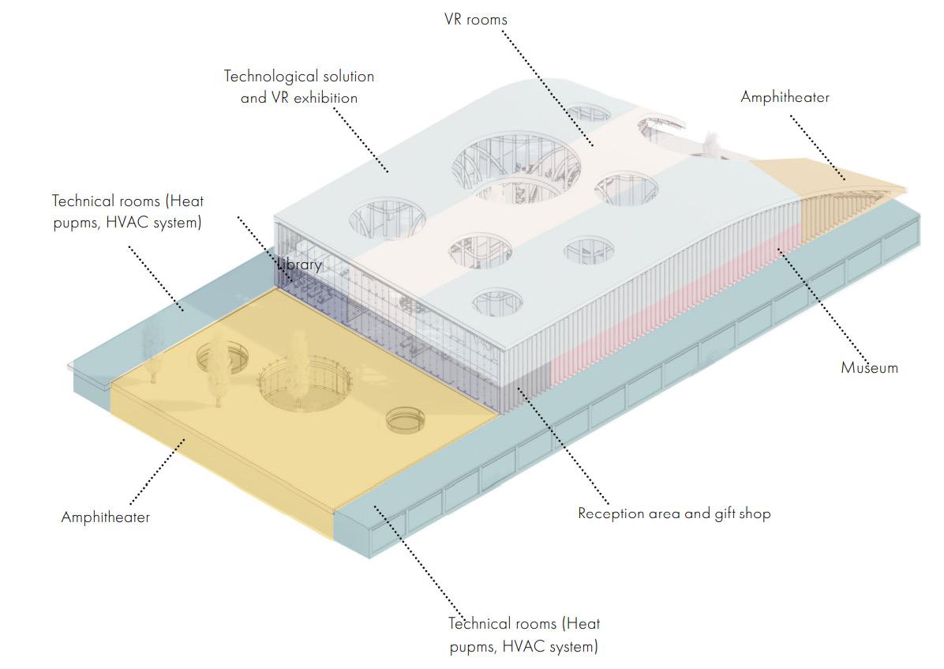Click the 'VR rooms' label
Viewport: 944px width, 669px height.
(476, 18)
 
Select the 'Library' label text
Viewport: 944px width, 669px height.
(299, 265)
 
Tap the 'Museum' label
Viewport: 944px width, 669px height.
(869, 367)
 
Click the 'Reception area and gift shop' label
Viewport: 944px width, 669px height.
(674, 513)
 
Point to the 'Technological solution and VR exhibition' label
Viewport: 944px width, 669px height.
(299, 87)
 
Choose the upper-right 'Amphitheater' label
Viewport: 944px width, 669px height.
(785, 97)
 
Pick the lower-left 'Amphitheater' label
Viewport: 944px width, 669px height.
(105, 517)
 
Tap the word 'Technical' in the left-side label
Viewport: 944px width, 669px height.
(84, 201)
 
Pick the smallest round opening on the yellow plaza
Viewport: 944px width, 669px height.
(403, 419)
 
